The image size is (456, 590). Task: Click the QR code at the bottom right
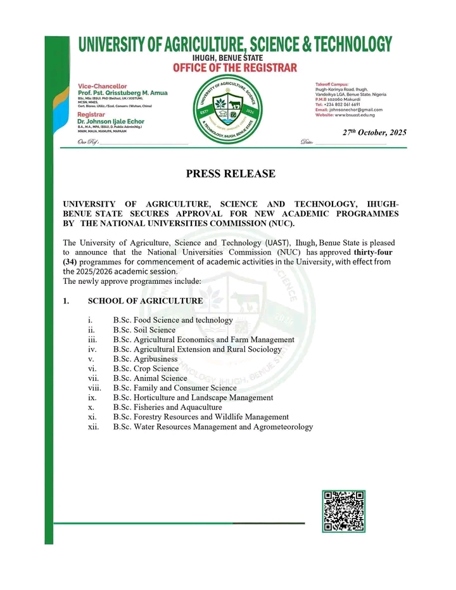click(344, 511)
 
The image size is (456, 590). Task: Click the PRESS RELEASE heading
click(231, 174)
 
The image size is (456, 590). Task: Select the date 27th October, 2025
click(374, 132)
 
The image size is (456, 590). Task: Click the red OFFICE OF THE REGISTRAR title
click(235, 68)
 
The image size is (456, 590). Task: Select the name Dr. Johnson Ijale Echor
click(113, 122)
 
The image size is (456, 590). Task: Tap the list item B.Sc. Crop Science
click(146, 368)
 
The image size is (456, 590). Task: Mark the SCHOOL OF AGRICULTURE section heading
click(146, 301)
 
